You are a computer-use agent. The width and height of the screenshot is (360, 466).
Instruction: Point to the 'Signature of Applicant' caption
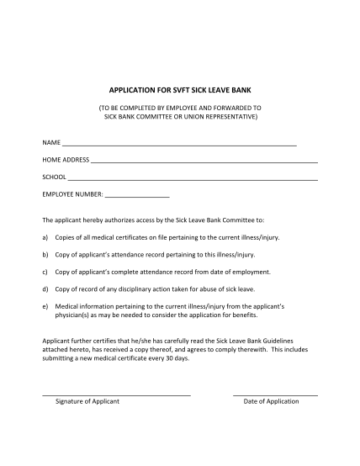[87, 401]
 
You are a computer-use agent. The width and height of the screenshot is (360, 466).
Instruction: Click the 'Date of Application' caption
[271, 401]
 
